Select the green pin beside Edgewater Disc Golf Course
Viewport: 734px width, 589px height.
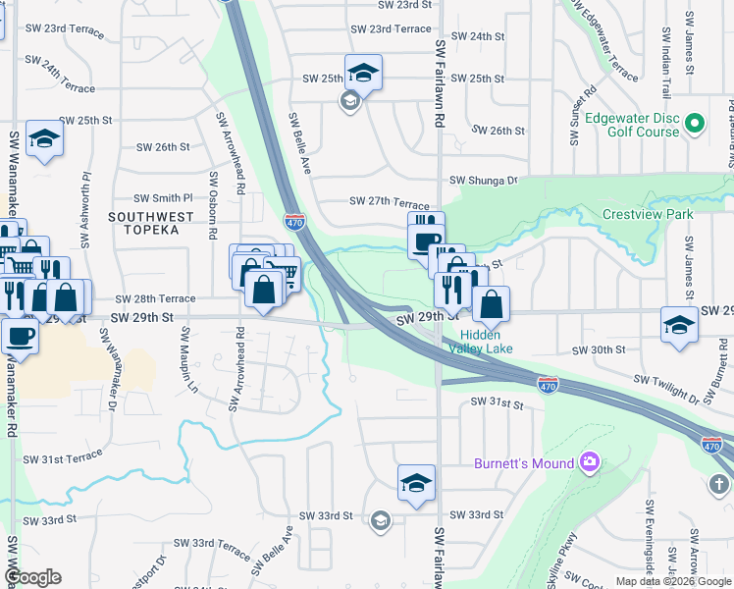695,124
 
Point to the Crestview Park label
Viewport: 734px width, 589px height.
648,214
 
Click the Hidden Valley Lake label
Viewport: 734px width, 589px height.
481,340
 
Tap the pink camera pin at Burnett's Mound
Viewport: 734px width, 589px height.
589,461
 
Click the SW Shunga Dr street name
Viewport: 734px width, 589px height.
483,181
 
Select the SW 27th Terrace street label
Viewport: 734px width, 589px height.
390,201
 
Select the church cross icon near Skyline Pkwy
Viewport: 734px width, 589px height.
718,484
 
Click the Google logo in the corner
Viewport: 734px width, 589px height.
33,577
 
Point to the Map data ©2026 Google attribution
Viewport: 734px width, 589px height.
672,581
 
